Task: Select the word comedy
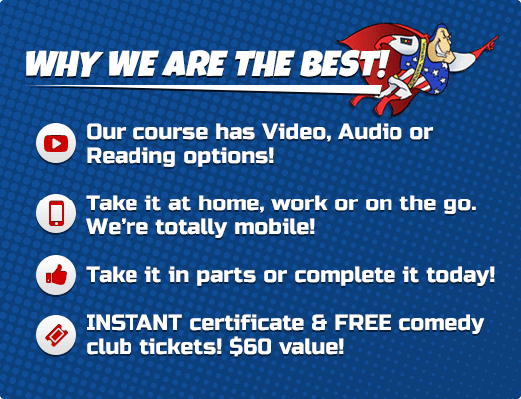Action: [x=440, y=324]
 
